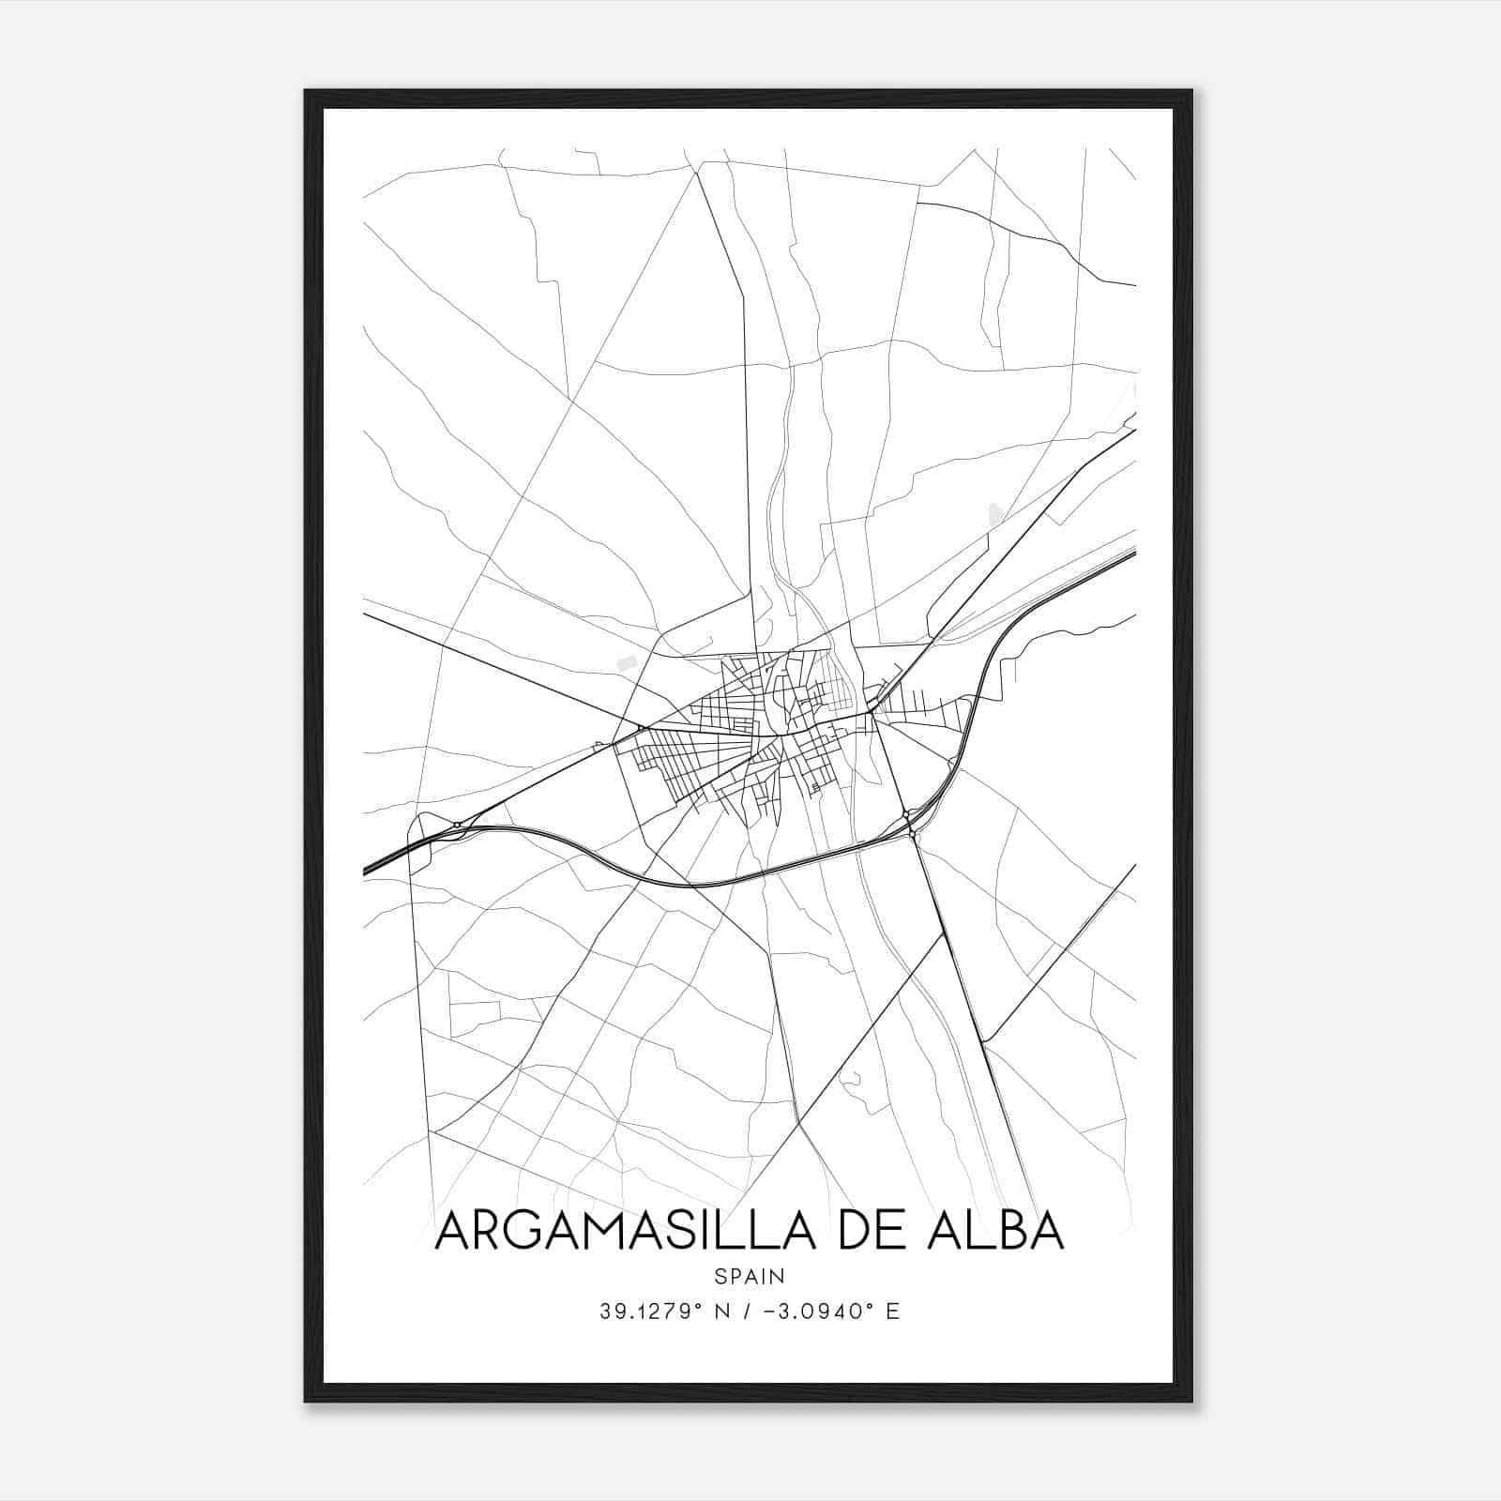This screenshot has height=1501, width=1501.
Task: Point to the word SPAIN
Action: coord(750,1276)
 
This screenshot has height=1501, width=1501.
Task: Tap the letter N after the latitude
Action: coord(722,1311)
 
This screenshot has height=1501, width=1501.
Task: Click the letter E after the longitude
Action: coord(892,1311)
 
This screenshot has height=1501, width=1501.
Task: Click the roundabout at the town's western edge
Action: coord(641,727)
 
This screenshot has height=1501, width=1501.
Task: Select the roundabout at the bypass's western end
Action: coord(456,825)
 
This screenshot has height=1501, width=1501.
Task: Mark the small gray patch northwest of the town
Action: coord(625,662)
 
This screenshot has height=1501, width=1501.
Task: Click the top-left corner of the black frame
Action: coord(306,91)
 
